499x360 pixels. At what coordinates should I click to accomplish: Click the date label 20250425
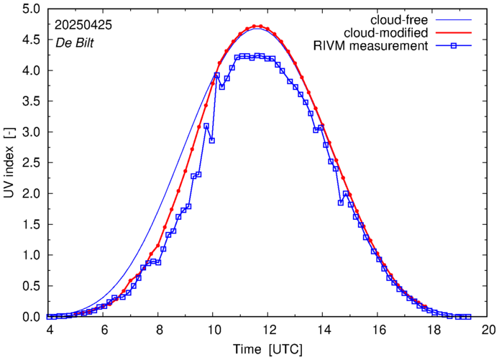point(83,25)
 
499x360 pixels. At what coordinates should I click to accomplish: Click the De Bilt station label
point(75,42)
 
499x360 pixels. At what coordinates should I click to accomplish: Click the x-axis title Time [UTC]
point(268,349)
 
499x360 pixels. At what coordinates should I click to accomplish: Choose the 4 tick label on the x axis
point(49,330)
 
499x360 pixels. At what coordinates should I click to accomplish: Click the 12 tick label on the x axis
point(268,330)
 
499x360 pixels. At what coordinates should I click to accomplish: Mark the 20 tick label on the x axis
point(488,330)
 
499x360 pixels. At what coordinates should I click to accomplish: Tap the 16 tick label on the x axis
point(378,330)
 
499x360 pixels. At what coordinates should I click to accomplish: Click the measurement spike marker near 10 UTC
point(216,75)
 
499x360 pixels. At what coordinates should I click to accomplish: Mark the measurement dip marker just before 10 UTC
point(212,140)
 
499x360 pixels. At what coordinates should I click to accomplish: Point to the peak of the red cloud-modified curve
point(257,26)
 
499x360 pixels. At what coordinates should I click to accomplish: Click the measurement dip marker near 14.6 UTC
point(341,203)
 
